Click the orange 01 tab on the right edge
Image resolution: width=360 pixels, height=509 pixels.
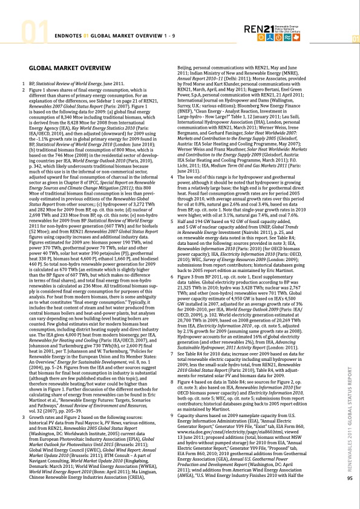pyautogui.click(x=356, y=39)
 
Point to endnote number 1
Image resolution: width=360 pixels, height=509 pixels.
pyautogui.click(x=24, y=81)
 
